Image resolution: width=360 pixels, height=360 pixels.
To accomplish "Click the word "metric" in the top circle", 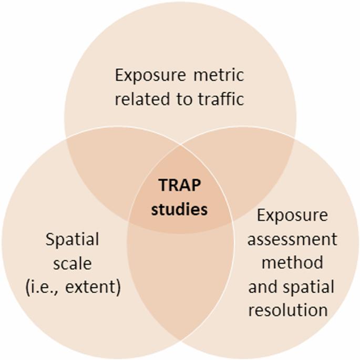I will point(217,75).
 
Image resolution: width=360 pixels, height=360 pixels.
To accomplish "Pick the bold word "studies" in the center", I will point(180,209).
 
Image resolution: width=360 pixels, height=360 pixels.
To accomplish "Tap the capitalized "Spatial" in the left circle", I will point(73,240).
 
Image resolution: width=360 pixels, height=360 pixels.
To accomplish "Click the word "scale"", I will point(73,263).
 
